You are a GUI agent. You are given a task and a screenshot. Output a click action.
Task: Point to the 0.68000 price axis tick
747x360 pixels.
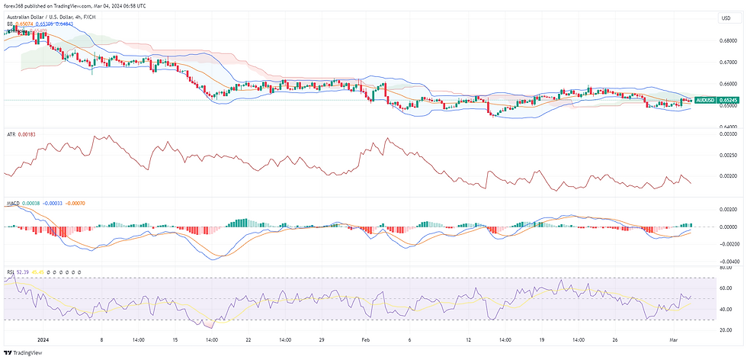pyautogui.click(x=728, y=40)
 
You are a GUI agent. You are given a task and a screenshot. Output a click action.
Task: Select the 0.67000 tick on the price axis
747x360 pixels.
pyautogui.click(x=728, y=62)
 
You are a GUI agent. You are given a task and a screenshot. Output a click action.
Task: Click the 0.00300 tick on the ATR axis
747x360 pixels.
pyautogui.click(x=728, y=133)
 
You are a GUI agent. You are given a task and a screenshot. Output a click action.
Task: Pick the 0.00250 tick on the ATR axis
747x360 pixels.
pyautogui.click(x=728, y=155)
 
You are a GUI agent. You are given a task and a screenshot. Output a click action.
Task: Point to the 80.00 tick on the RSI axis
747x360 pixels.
pyautogui.click(x=726, y=268)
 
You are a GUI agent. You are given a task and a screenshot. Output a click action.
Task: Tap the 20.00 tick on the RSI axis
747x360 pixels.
pyautogui.click(x=726, y=329)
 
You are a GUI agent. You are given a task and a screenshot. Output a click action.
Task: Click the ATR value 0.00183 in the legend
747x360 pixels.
pyautogui.click(x=26, y=134)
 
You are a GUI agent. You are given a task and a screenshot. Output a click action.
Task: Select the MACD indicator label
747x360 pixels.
pyautogui.click(x=13, y=204)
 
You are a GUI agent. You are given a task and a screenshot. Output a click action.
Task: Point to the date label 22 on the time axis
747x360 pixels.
pyautogui.click(x=247, y=339)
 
